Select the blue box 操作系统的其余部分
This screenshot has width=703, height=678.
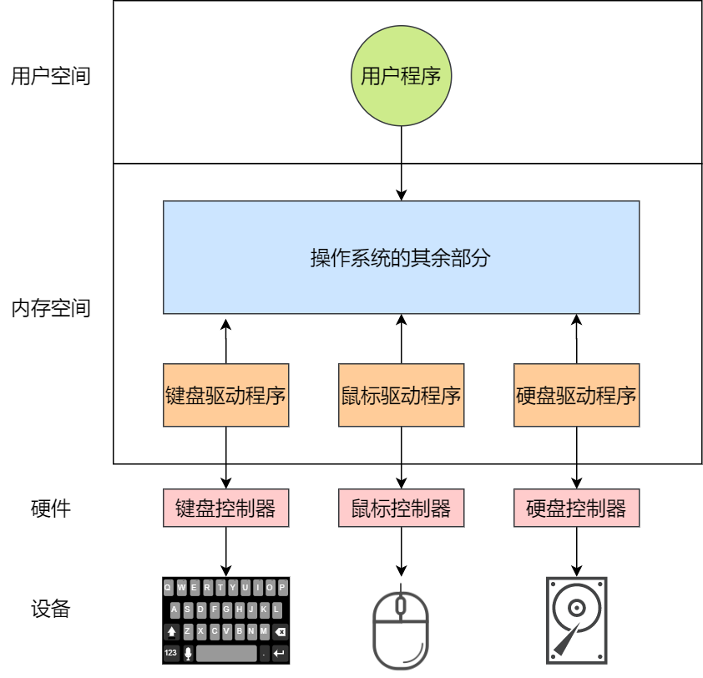coord(401,257)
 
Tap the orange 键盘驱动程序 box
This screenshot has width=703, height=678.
coord(225,395)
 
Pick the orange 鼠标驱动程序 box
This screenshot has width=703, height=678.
coord(401,395)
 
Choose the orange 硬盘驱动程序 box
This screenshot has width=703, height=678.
coord(576,395)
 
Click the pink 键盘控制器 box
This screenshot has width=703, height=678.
coord(225,508)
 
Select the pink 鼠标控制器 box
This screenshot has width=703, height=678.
coord(401,508)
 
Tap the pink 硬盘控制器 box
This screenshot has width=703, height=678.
coord(576,508)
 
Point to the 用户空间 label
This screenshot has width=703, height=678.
coord(50,78)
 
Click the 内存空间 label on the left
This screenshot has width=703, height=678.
coord(50,308)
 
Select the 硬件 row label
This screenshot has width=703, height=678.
coord(50,508)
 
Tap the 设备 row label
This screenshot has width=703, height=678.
coord(50,609)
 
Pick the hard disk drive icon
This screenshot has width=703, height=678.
coord(576,619)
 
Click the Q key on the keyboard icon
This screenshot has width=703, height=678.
coord(169,587)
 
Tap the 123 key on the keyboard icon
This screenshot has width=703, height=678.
coord(170,652)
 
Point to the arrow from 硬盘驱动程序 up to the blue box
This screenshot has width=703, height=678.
coord(576,339)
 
